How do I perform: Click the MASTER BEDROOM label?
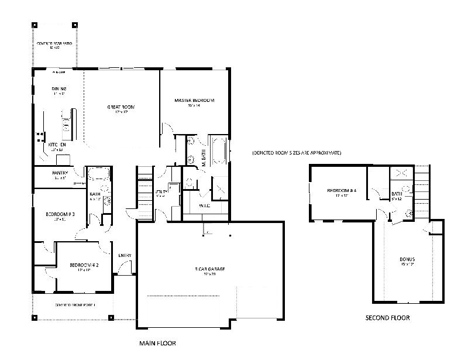194,101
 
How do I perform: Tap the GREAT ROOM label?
121,107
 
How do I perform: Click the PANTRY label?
60,173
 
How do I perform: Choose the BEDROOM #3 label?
60,214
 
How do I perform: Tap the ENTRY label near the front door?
125,255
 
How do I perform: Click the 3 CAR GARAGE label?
210,269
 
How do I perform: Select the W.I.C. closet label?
205,206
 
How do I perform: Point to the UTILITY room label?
161,192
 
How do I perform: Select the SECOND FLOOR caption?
387,318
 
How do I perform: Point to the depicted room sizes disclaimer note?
297,153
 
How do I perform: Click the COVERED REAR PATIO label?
56,44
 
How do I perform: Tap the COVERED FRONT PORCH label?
75,305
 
